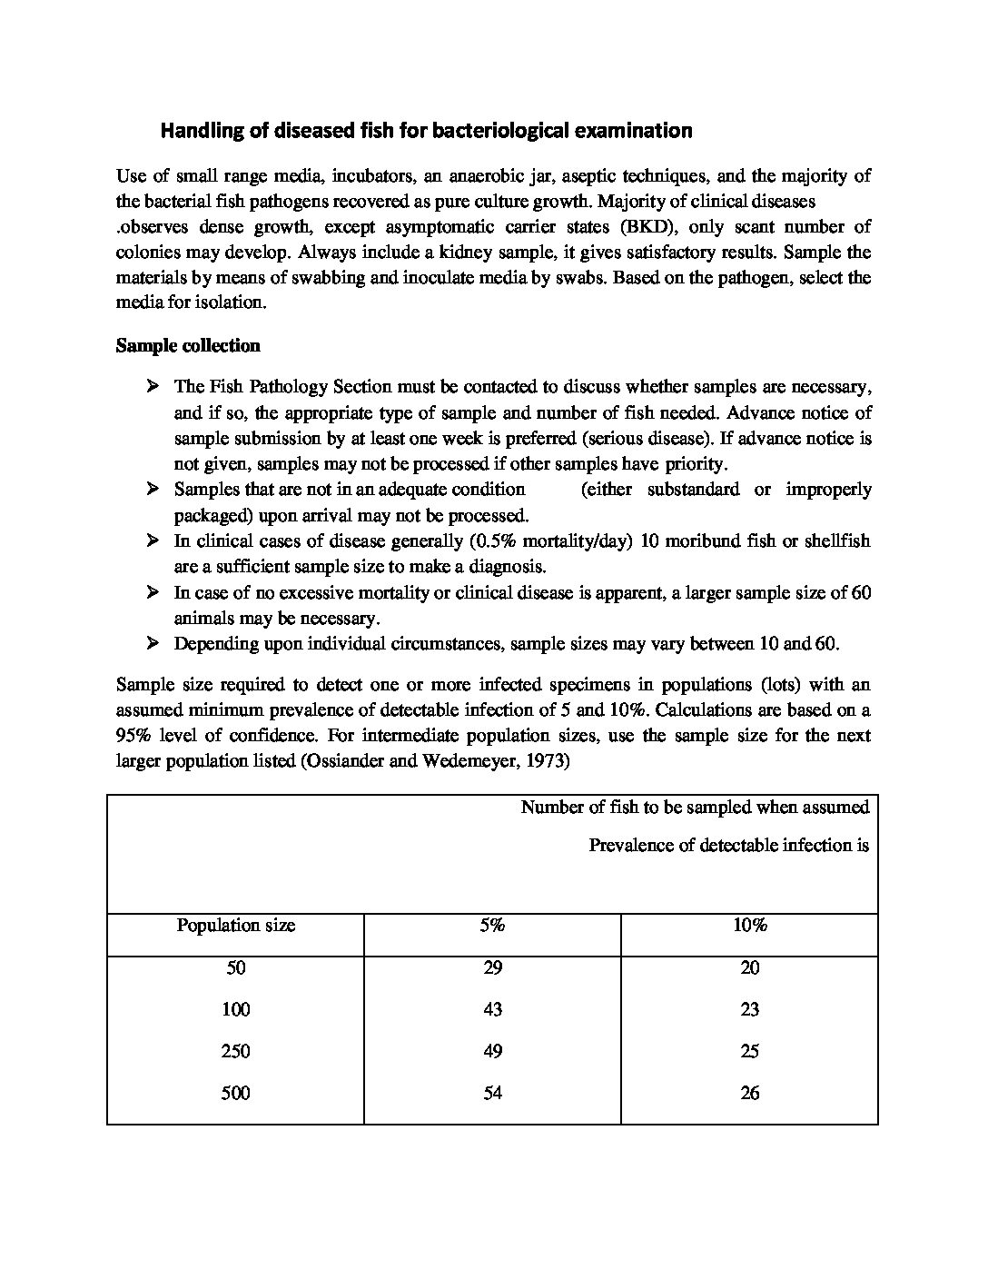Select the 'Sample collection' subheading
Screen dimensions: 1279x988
click(188, 346)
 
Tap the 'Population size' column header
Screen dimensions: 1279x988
click(235, 926)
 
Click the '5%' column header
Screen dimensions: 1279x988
click(492, 926)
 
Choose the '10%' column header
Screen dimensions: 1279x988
click(749, 926)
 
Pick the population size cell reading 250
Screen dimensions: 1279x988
click(235, 1052)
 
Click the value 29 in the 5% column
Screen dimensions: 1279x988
click(492, 968)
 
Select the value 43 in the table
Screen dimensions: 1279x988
click(492, 1010)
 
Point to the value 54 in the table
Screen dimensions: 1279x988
click(492, 1094)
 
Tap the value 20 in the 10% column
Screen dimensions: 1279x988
click(749, 968)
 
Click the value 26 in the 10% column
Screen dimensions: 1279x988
click(749, 1094)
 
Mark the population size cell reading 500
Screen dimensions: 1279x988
click(235, 1094)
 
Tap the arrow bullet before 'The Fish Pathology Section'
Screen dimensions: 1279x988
click(152, 387)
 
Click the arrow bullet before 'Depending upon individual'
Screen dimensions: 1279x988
click(152, 644)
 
